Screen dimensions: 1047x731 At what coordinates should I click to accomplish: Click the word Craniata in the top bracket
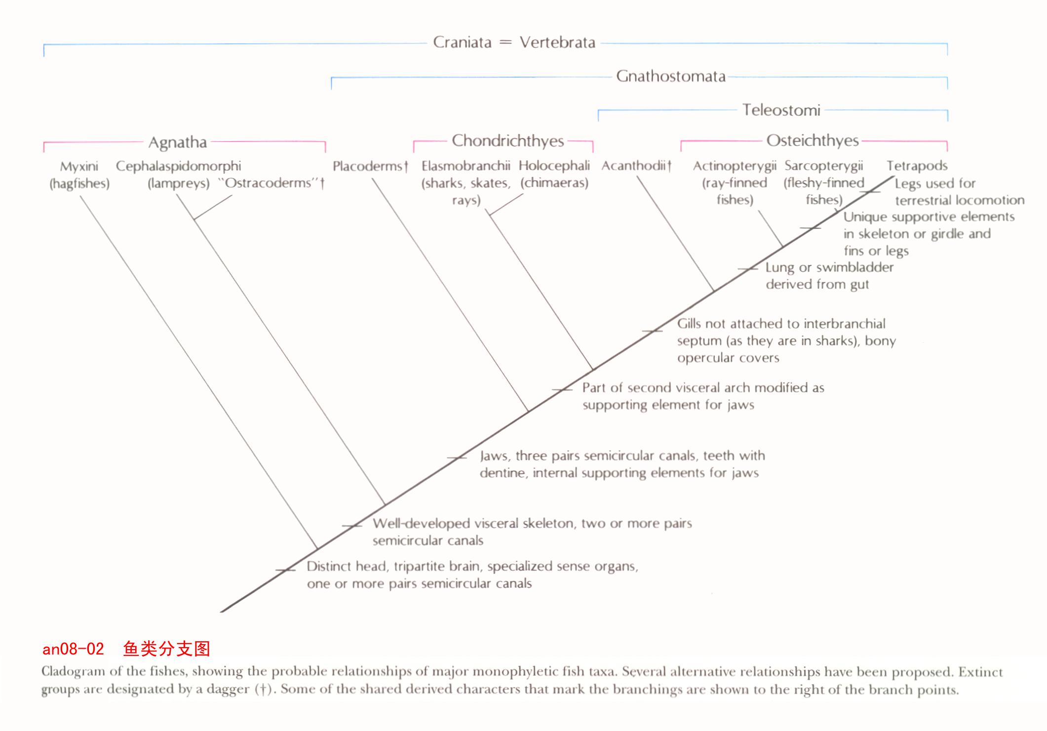coord(462,42)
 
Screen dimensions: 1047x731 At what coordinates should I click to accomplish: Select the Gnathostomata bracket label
coord(671,76)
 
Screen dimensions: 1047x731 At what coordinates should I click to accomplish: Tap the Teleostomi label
coord(781,110)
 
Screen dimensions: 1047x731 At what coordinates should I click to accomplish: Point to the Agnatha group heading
coord(178,142)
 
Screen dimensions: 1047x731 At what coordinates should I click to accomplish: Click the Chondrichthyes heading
coord(508,141)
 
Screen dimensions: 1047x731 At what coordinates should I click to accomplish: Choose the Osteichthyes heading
coord(813,141)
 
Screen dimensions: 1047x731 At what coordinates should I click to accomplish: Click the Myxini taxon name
coord(79,166)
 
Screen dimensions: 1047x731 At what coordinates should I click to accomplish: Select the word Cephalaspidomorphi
coord(179,166)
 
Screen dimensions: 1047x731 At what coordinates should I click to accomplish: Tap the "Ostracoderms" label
coord(271,183)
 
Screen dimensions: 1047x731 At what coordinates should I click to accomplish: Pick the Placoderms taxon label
coord(370,166)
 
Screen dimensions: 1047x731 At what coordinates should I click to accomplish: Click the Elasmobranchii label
coord(465,166)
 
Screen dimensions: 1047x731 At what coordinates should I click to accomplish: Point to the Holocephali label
coord(554,166)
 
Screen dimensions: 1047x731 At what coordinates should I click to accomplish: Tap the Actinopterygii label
coord(735,166)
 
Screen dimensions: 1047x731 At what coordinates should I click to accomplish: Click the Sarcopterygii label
coord(823,166)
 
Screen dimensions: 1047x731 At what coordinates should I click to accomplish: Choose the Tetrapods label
coord(917,166)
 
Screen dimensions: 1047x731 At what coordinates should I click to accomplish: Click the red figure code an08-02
coord(73,649)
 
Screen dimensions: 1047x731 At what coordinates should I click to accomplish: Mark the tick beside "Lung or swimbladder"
coord(747,269)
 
